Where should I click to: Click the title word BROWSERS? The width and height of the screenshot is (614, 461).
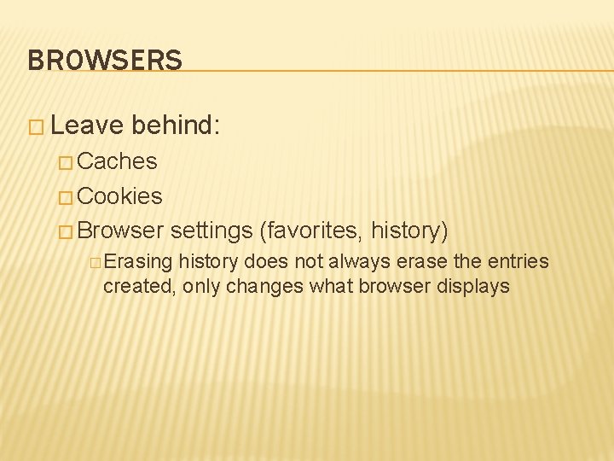coord(105,60)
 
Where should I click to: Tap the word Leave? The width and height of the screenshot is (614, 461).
coord(86,126)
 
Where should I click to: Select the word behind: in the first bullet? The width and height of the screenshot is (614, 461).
coord(177,126)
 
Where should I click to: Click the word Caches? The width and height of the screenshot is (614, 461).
coord(117,161)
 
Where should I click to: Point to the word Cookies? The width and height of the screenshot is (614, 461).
coord(119,196)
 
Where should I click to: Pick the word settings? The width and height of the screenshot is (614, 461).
coord(211,230)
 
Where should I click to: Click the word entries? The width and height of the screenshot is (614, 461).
coord(518,262)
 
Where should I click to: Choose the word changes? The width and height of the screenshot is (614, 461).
coord(264,286)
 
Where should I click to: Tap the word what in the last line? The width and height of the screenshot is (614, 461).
coord(331,286)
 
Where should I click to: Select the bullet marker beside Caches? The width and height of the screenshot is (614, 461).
coord(66,162)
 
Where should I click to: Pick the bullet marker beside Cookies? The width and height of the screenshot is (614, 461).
coord(66,197)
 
